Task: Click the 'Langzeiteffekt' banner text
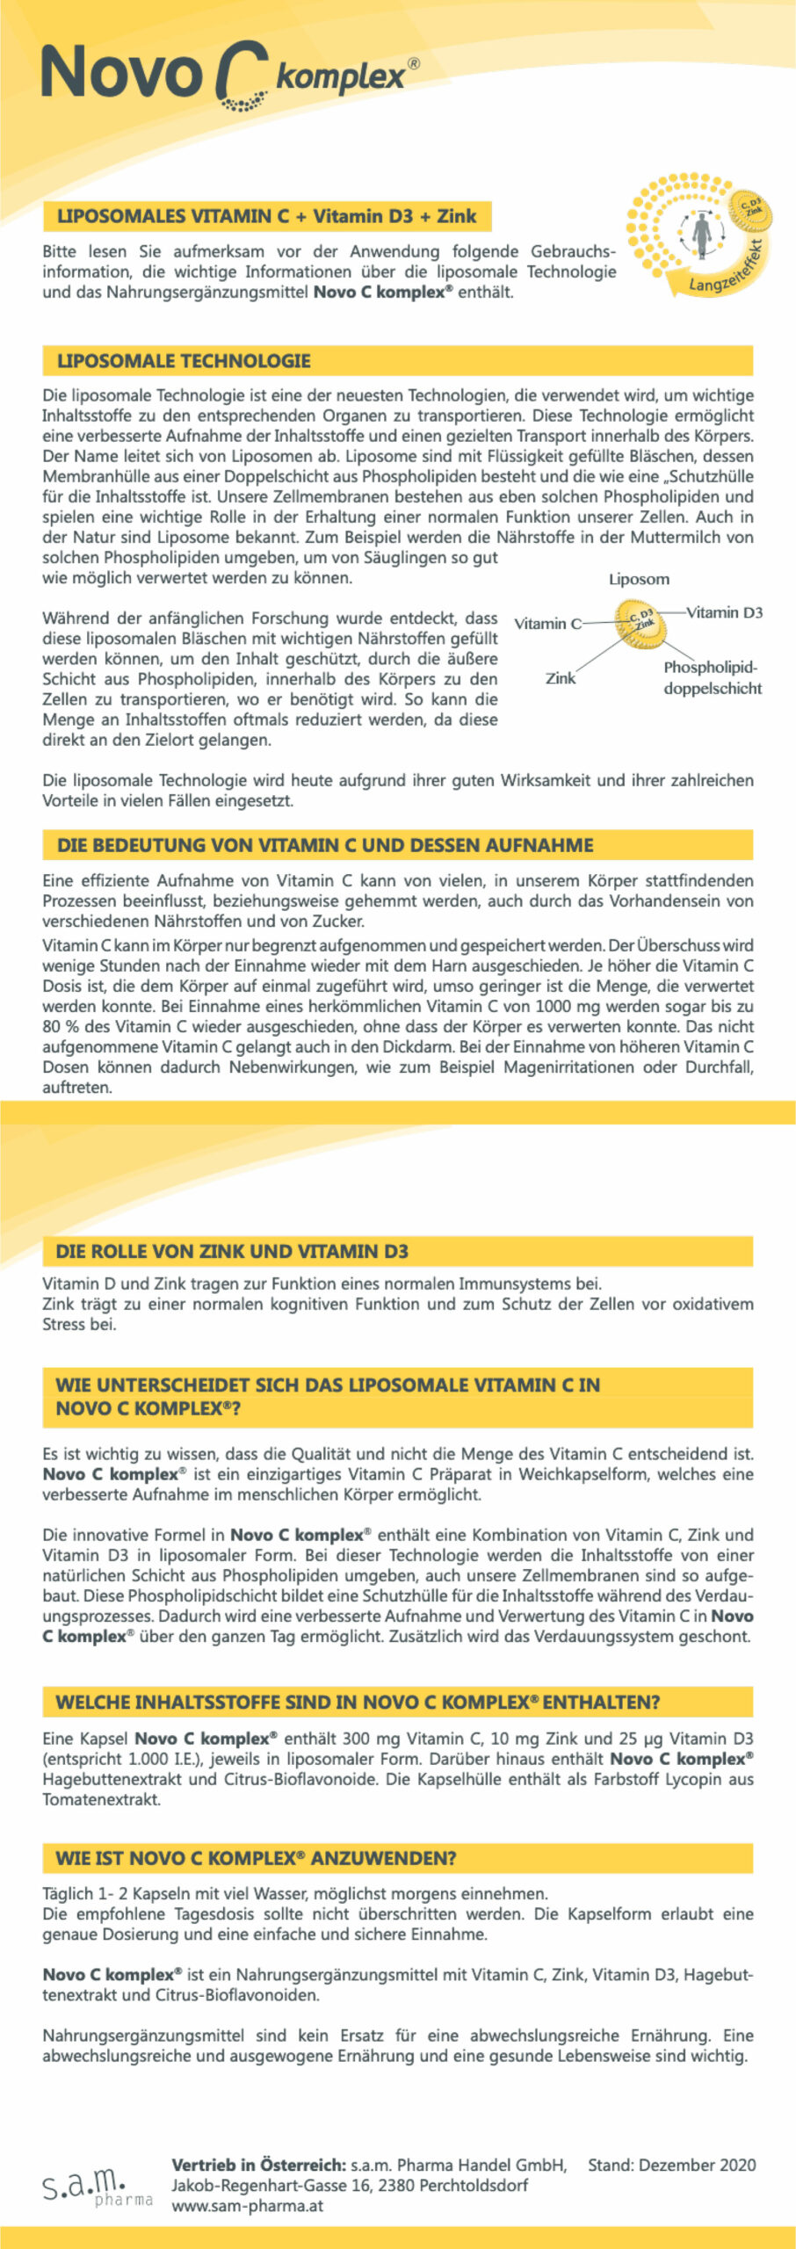724,272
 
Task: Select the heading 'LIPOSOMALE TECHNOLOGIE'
184,361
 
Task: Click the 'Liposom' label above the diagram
639,579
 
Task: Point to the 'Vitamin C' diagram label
547,624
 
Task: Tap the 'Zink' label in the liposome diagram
561,678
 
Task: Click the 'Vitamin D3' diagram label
724,612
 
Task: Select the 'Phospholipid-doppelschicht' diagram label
712,677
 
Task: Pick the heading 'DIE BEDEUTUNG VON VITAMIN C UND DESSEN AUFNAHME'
325,845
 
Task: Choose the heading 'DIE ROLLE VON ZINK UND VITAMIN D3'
232,1251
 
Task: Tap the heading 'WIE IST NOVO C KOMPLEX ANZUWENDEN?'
256,1858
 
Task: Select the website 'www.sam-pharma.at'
247,2205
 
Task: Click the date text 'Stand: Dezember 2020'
671,2165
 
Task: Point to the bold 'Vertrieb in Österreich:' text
258,2165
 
